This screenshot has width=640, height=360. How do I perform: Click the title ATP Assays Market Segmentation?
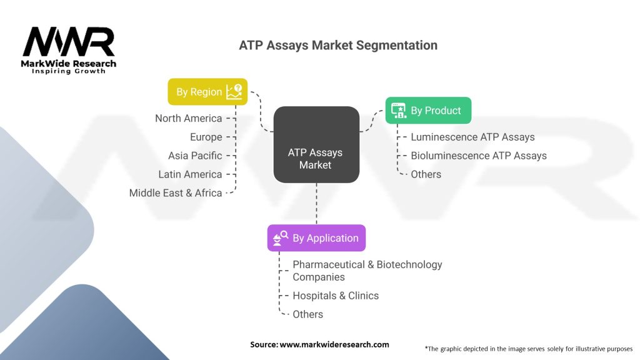338,46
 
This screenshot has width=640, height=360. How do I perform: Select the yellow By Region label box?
207,92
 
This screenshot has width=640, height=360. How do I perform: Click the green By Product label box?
427,111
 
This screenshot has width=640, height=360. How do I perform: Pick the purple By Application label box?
316,238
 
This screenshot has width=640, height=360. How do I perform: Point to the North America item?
189,118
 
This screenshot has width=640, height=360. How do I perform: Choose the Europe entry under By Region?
206,137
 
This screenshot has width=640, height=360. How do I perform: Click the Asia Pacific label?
195,156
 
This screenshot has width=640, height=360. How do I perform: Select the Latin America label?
190,174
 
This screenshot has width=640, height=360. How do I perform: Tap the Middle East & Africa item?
176,193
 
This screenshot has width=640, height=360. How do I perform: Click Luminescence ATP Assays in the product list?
472,137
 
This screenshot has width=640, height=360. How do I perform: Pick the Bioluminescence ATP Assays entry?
478,156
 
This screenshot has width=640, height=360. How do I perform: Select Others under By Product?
426,174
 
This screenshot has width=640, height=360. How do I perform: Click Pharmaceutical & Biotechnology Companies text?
367,271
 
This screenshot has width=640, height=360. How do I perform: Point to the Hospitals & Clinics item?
336,296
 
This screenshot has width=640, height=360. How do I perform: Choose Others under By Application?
307,314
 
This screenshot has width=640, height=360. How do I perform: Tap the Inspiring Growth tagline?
69,71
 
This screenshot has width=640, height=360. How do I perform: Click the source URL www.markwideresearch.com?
334,344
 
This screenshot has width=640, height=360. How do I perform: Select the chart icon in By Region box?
234,92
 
